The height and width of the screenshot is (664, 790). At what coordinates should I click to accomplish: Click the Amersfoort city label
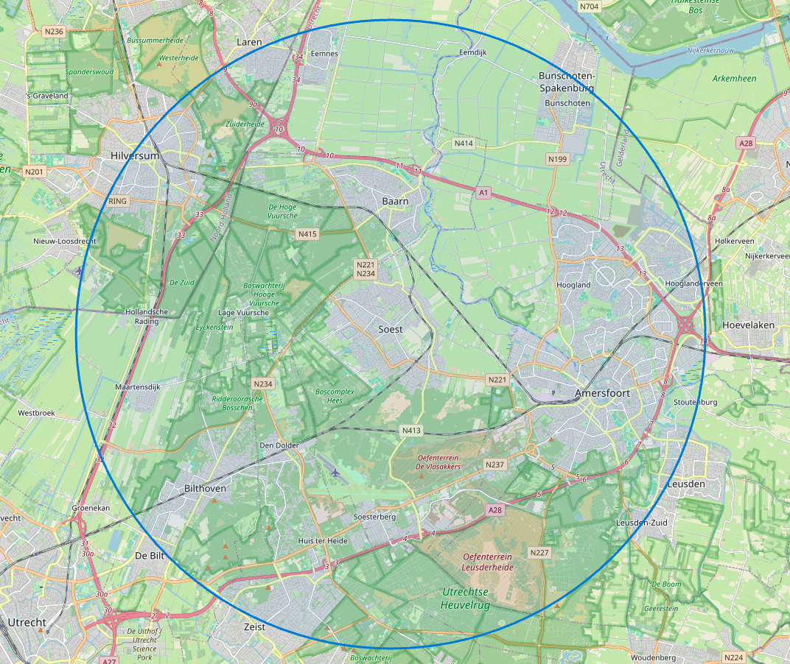pos(602,394)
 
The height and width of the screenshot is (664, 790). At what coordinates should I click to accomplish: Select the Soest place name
pos(391,329)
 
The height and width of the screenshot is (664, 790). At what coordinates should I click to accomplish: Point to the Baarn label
pos(395,200)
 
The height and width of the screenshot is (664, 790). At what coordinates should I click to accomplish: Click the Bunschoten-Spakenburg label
pos(567,82)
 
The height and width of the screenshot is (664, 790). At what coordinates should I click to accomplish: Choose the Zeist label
pos(254,626)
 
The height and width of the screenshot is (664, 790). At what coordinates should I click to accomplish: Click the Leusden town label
pos(686,484)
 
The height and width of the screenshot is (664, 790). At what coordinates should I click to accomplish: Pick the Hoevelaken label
pos(746,325)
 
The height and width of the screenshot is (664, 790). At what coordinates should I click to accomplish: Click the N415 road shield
pos(307,233)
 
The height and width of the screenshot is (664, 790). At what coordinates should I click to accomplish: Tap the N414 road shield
pos(464,143)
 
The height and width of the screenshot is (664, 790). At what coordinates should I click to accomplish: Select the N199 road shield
pos(557,159)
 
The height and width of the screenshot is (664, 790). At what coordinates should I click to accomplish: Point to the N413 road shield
pos(411,430)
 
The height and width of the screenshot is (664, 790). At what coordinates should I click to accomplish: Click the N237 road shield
pos(494,465)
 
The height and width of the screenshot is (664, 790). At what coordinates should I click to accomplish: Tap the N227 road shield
pos(539,552)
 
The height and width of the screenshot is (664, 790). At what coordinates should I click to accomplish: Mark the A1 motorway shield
pos(483,193)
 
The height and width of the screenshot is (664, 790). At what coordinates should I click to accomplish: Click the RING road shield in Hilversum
pos(118,201)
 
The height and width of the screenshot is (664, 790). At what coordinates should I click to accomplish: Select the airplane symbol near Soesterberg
pos(336,472)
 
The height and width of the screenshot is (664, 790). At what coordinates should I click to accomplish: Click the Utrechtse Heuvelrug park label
pos(466,598)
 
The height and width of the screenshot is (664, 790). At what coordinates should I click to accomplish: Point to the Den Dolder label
pos(279,445)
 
